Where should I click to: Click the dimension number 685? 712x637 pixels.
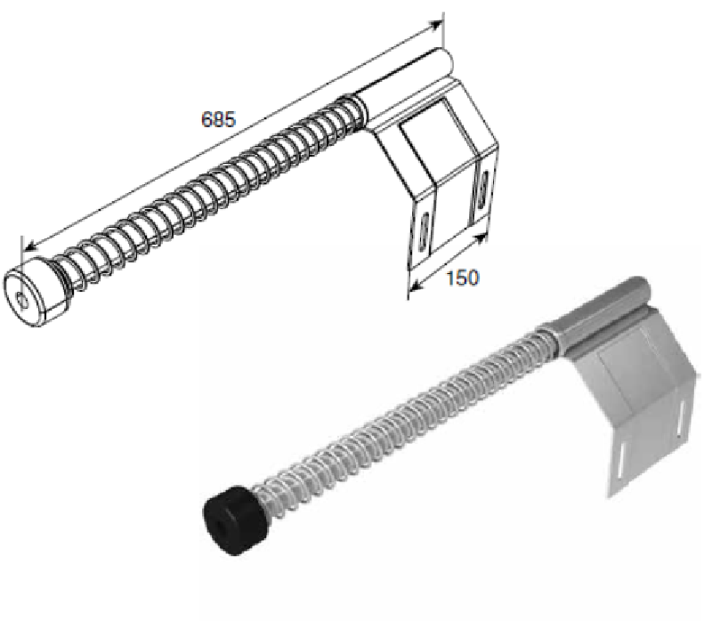(218, 119)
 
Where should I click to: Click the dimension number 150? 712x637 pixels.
(462, 278)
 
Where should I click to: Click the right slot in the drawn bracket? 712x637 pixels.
(481, 189)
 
